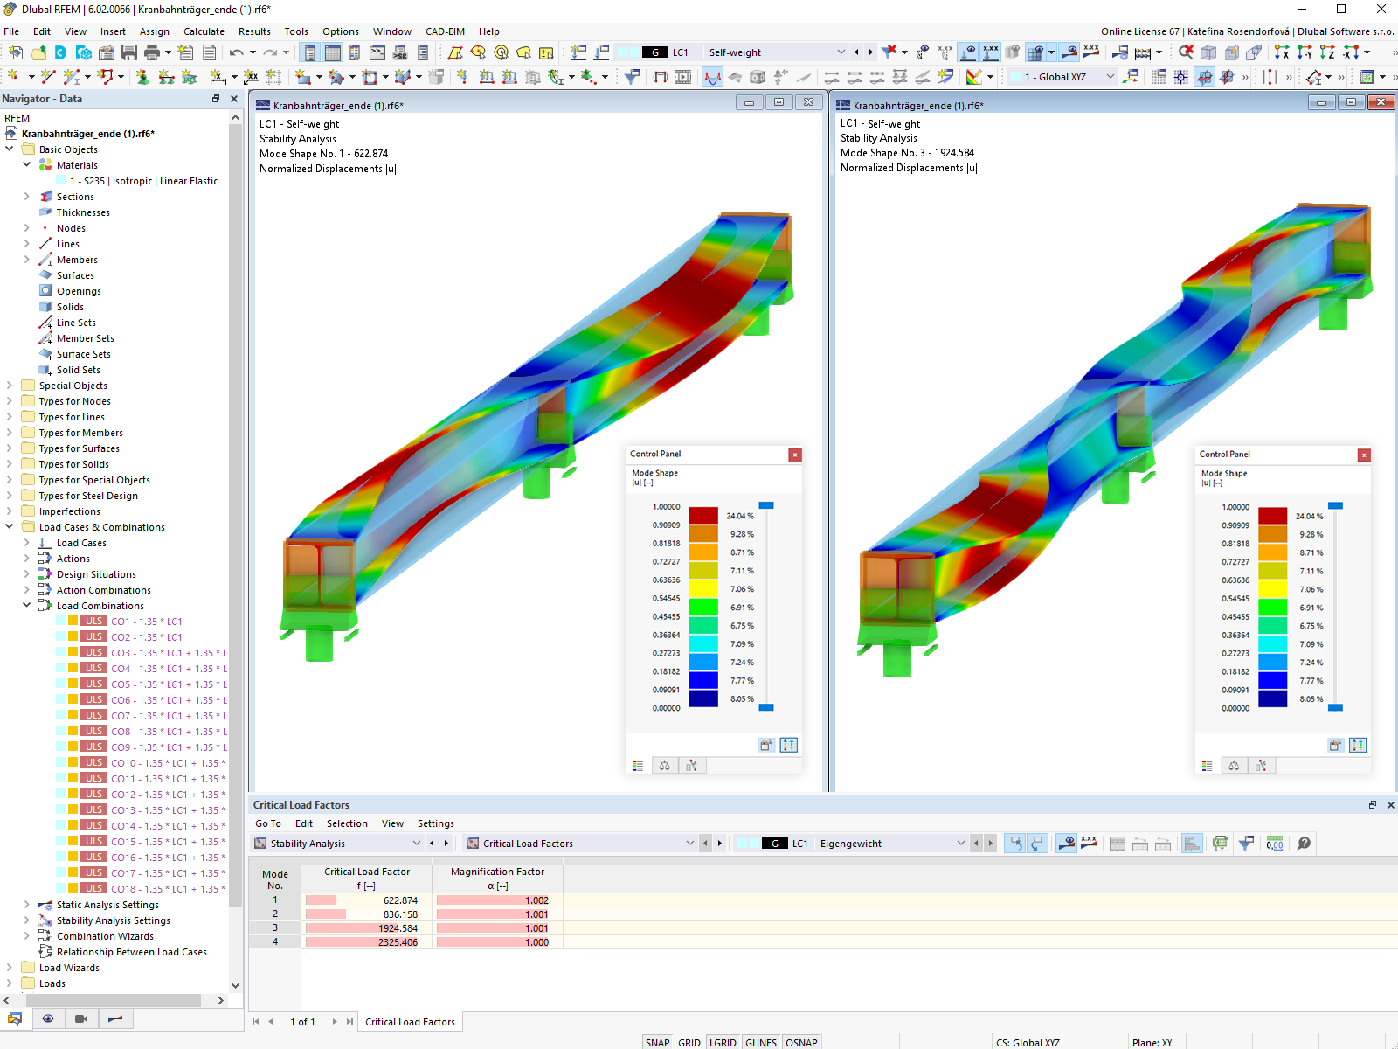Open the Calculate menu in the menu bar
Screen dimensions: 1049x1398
(x=204, y=31)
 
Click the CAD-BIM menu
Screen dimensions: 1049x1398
(x=445, y=31)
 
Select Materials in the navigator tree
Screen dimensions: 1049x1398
(x=77, y=165)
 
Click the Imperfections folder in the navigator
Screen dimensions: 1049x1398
(x=69, y=511)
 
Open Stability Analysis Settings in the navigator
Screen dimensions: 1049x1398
(x=113, y=920)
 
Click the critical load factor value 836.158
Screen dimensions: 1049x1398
(x=399, y=914)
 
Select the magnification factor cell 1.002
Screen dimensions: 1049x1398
(x=536, y=900)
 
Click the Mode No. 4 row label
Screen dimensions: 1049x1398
(x=274, y=942)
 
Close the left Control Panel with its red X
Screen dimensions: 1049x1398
(x=794, y=455)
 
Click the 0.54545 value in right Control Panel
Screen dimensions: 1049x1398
(x=1235, y=599)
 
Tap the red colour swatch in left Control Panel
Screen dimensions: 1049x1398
(x=703, y=516)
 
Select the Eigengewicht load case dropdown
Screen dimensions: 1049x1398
(x=891, y=844)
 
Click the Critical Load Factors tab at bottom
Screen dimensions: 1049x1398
(x=410, y=1022)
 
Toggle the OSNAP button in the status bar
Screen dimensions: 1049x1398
(x=800, y=1043)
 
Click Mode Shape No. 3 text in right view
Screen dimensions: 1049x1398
(x=907, y=153)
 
